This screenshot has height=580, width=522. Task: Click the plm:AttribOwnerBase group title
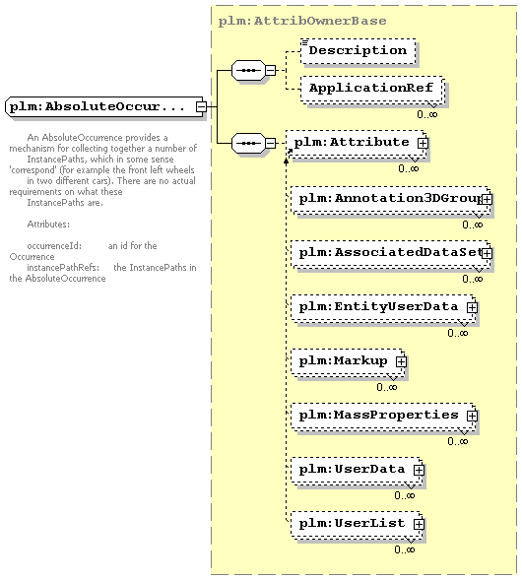point(302,21)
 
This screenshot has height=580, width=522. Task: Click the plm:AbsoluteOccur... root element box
point(104,107)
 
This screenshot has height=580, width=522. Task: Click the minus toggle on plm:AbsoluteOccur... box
point(201,107)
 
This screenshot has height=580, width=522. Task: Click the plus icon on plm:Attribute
point(423,143)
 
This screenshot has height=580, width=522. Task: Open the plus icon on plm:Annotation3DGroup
point(487,199)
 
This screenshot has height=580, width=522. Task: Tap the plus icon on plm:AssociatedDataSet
point(487,253)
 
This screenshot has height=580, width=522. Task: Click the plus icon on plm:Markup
point(401,361)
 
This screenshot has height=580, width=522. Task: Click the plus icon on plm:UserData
point(419,470)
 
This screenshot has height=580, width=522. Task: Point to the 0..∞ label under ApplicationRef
point(427,114)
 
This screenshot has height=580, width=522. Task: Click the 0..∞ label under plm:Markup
point(387,387)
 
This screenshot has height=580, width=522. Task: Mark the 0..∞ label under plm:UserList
point(405,549)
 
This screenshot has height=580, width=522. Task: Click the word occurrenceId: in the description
point(54,246)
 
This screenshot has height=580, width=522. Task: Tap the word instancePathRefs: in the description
point(63,268)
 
